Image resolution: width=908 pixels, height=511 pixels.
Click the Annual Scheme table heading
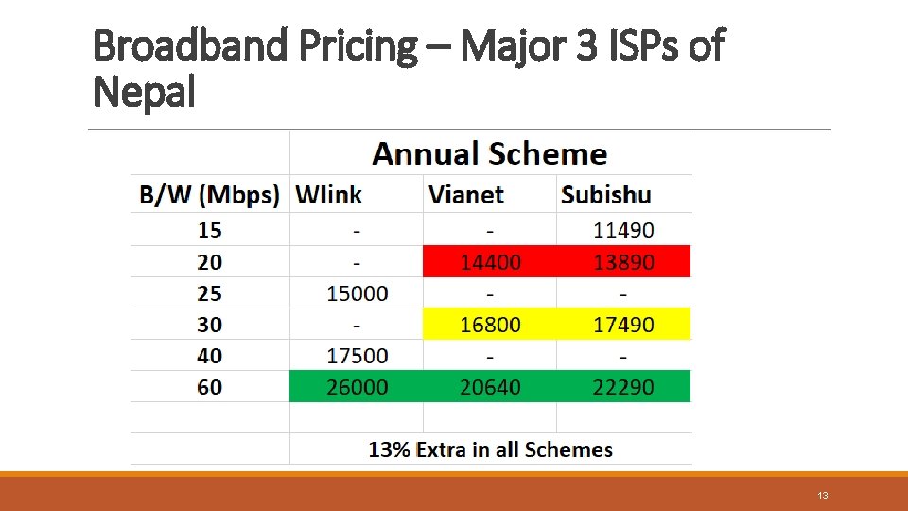tap(489, 153)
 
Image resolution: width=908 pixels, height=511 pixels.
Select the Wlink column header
tap(328, 195)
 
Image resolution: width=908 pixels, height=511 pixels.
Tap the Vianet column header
tap(466, 195)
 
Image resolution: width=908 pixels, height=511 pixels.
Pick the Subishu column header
tap(606, 195)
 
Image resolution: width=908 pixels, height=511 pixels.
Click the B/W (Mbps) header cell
tap(210, 195)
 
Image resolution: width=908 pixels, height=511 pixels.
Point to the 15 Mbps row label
tap(210, 230)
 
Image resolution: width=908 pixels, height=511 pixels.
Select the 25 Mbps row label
tap(210, 292)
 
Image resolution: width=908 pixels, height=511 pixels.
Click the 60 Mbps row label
tap(210, 387)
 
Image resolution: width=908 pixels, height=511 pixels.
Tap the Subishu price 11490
tap(623, 230)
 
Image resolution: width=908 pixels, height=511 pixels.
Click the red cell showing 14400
tap(490, 262)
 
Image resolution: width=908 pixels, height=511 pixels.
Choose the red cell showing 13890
tap(623, 262)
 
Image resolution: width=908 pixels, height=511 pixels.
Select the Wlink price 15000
tap(357, 293)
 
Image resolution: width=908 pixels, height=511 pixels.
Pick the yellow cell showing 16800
tap(490, 325)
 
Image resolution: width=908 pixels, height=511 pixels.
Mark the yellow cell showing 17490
tap(623, 325)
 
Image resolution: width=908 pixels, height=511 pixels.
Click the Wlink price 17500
tap(357, 356)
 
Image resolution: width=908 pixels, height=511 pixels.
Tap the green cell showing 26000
tap(357, 387)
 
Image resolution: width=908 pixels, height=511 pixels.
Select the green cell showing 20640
tap(490, 387)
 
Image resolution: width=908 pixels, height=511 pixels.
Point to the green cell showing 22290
tap(623, 387)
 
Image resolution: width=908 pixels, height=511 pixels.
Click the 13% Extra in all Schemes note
tap(490, 449)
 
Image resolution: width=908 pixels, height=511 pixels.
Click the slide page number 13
tap(822, 496)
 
